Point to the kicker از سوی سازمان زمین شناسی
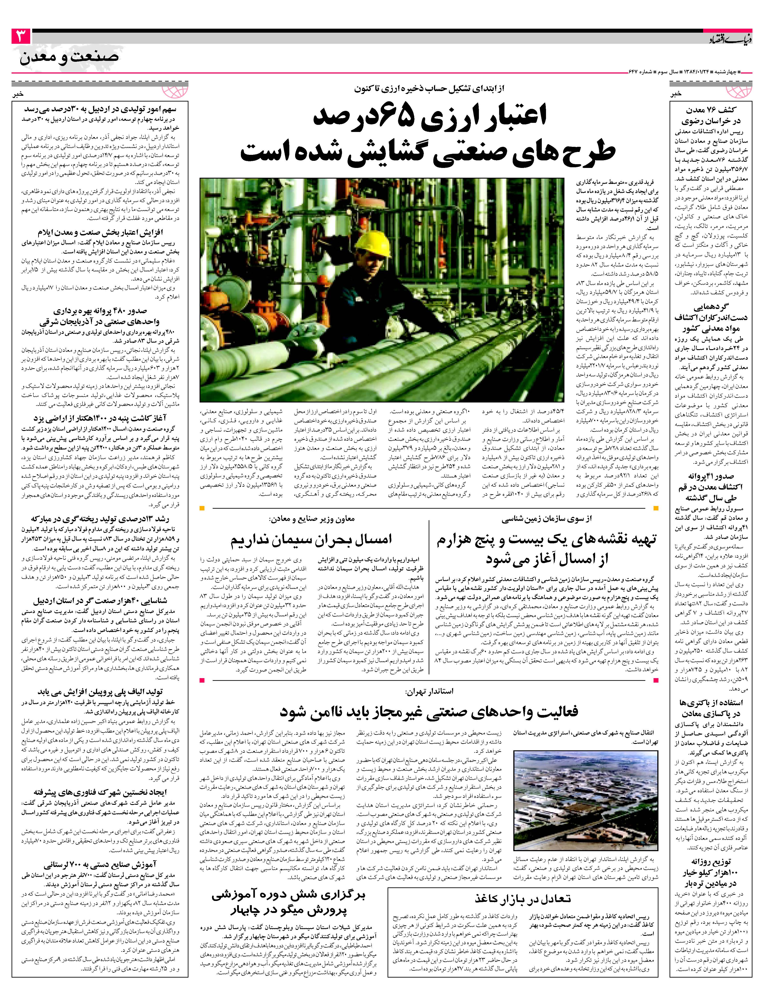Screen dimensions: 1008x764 [x=546, y=519]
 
